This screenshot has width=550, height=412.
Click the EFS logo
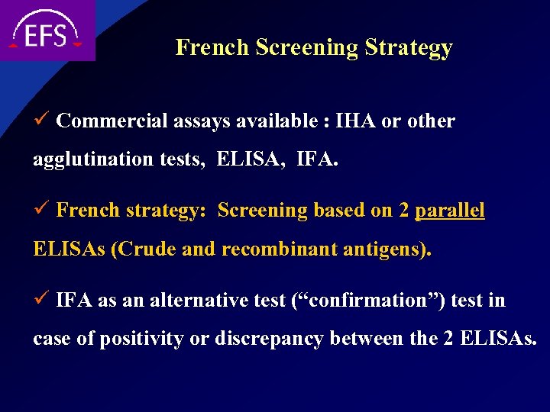[46, 31]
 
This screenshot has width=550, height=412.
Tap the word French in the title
[213, 47]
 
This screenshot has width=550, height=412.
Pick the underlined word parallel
[449, 211]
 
